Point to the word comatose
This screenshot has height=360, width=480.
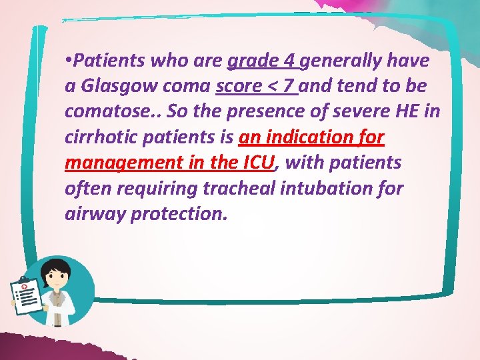click(x=107, y=112)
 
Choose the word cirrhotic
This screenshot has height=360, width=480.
click(x=103, y=137)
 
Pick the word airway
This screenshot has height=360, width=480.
click(x=90, y=213)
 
